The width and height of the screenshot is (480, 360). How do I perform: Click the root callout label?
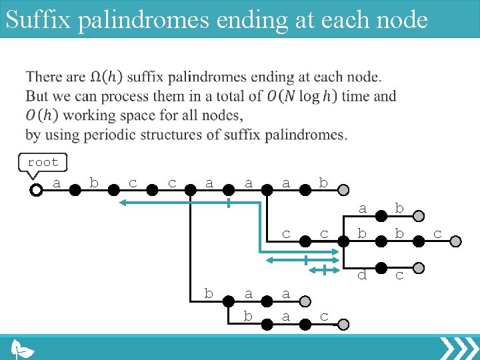tap(43, 162)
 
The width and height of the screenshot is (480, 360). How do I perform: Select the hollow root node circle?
tap(36, 190)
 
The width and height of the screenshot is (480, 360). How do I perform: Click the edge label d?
tap(362, 274)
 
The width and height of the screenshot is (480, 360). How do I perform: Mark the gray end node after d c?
tap(418, 268)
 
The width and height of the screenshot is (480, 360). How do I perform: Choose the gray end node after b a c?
tap(342, 325)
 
